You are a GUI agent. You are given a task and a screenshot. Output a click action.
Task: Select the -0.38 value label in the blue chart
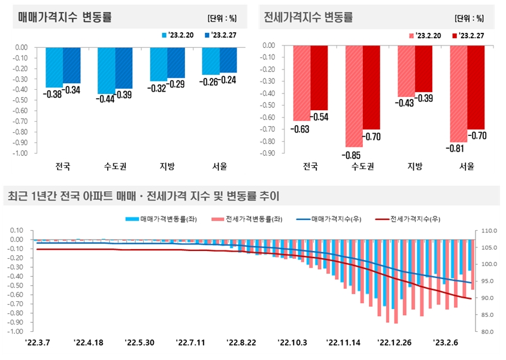[54, 93]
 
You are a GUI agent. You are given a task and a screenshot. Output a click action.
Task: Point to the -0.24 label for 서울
[228, 79]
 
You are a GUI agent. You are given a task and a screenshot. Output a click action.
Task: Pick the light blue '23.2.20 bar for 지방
[159, 64]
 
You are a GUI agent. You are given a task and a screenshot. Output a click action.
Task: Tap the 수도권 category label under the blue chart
[115, 166]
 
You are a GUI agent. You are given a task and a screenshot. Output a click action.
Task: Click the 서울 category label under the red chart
[467, 166]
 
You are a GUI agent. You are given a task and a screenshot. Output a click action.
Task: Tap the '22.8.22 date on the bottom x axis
[241, 343]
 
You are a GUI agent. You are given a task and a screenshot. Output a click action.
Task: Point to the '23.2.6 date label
[446, 343]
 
